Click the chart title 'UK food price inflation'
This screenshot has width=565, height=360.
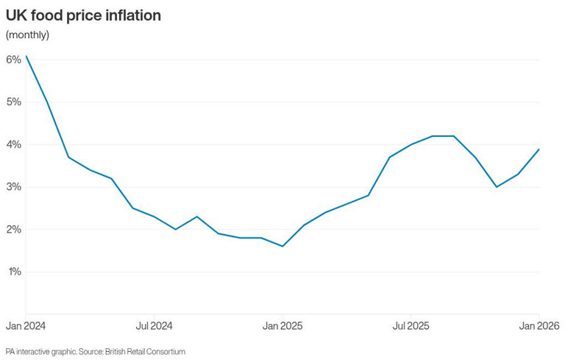point(83,15)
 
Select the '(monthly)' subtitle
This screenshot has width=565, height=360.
point(27,35)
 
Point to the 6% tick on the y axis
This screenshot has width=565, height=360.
point(13,60)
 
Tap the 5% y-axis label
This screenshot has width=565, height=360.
point(13,102)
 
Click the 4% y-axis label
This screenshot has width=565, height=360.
point(13,144)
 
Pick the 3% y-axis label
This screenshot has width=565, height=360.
point(13,187)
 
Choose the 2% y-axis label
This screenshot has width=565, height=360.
point(13,230)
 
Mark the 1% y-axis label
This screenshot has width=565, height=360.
point(13,272)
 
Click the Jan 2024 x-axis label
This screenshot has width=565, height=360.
point(26,325)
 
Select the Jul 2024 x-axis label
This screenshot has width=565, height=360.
point(154,325)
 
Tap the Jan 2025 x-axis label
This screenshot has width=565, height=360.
point(282,325)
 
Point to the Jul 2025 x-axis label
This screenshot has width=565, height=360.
point(411,325)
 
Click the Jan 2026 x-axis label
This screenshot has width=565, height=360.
point(539,325)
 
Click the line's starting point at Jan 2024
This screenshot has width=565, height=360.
point(26,56)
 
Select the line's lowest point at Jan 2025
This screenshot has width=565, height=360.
point(282,246)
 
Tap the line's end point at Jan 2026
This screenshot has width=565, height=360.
point(539,149)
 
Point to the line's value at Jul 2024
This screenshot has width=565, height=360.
point(154,216)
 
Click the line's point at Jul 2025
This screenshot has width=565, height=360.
point(411,144)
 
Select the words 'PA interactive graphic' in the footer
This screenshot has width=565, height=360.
point(40,352)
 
